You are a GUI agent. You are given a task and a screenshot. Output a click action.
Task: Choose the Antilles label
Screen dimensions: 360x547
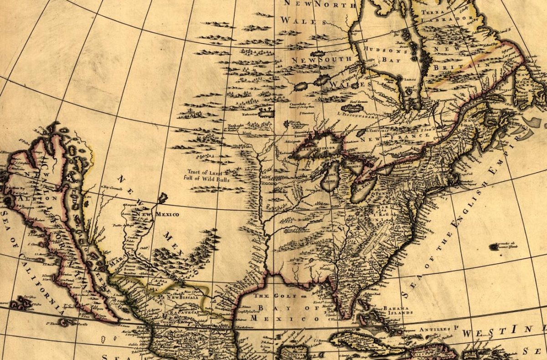coord(439,328)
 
